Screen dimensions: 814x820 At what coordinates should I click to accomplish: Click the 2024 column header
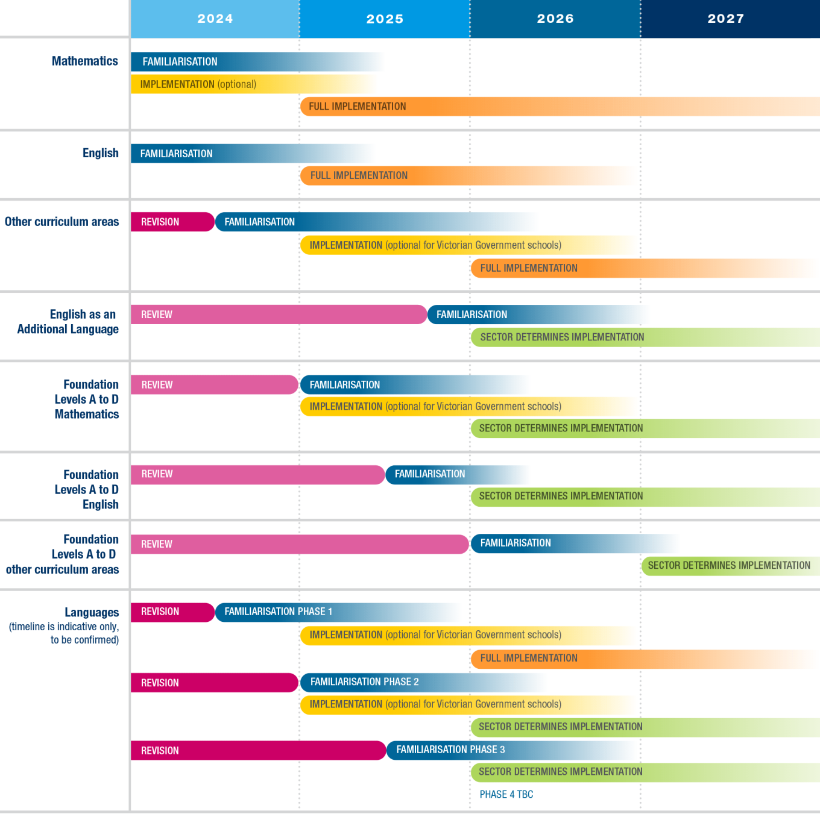tap(215, 19)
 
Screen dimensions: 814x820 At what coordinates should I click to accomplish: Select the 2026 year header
tap(555, 19)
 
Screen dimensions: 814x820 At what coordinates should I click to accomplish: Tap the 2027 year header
tap(726, 19)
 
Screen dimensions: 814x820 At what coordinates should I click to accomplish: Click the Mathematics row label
tap(85, 61)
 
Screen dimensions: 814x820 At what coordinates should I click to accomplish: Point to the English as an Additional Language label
tap(68, 322)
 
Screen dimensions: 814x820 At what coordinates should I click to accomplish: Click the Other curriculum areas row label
tap(62, 222)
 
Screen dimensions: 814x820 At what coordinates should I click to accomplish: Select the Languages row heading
tap(92, 612)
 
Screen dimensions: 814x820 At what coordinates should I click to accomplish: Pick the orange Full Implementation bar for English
tap(422, 175)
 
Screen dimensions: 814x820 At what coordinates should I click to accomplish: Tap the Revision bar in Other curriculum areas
tap(172, 222)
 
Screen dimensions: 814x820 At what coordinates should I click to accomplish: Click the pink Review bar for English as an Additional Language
tap(277, 315)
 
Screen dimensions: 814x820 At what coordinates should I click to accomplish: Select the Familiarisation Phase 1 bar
tap(314, 612)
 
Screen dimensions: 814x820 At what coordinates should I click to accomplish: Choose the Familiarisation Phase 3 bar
tap(482, 750)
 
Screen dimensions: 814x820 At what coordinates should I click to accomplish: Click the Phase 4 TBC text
tap(506, 794)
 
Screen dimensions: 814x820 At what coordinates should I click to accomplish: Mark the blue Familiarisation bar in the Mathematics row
tap(229, 61)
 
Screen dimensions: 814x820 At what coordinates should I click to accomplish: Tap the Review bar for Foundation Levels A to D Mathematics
tap(214, 384)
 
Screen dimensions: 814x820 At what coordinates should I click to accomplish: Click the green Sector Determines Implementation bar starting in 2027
tap(729, 565)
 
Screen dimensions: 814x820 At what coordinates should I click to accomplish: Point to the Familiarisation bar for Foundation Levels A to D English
tap(440, 474)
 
